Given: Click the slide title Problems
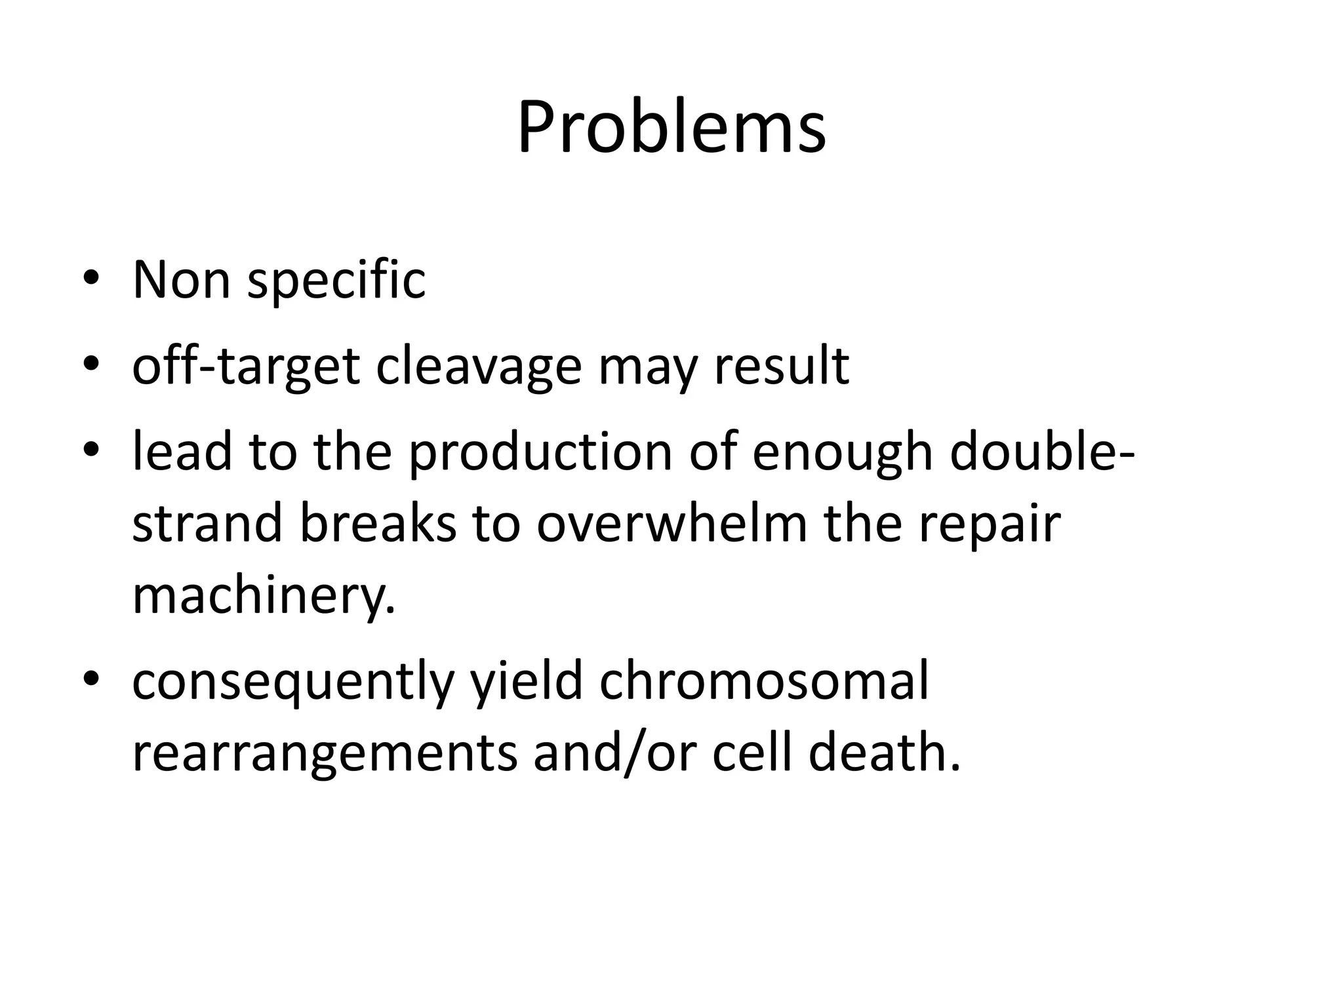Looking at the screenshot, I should coord(671,127).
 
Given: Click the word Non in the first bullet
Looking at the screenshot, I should coord(181,280).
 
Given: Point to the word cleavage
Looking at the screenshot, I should coord(479,367).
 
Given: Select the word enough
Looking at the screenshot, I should coord(843,454).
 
